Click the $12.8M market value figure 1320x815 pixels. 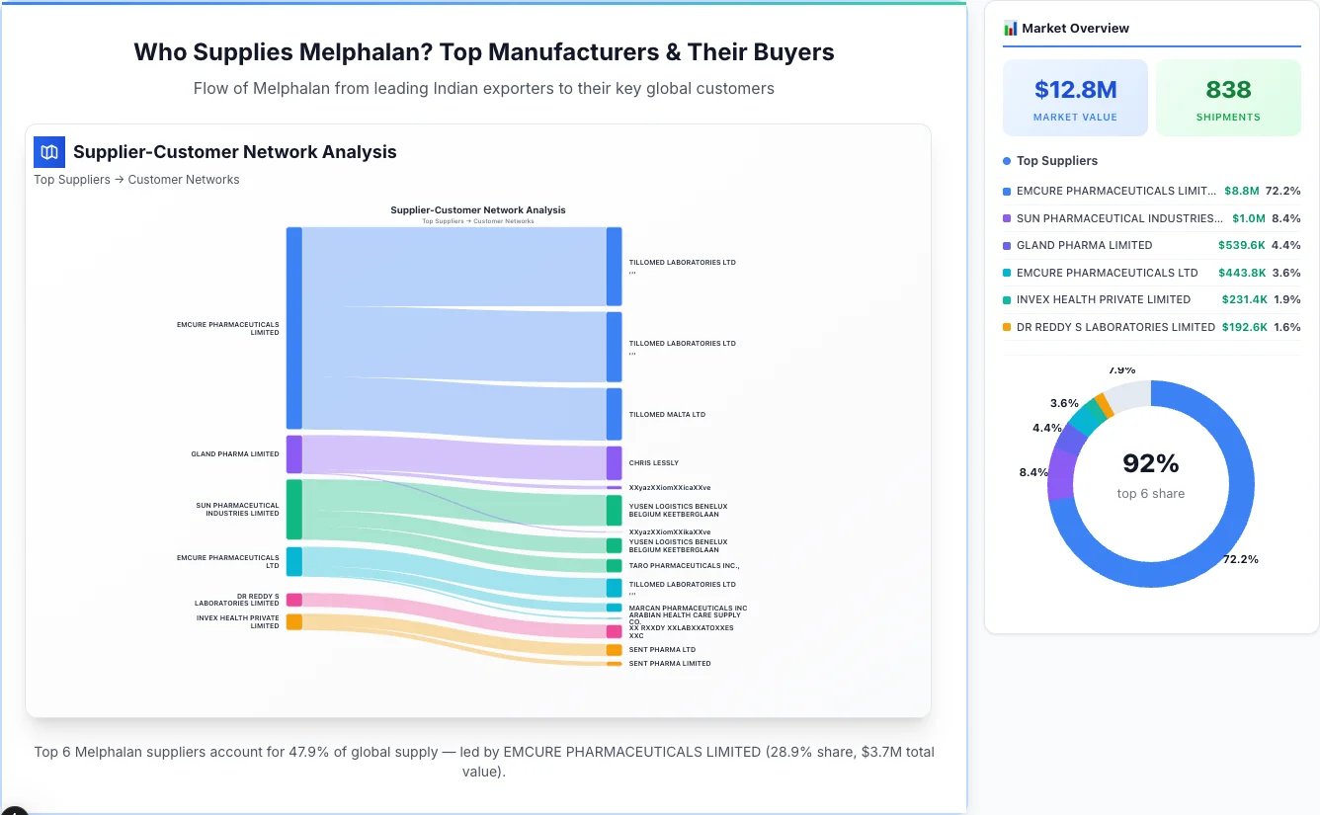click(x=1075, y=90)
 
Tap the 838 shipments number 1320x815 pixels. click(x=1228, y=90)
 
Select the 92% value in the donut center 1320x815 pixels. click(x=1151, y=463)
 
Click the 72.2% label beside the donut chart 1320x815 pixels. click(x=1240, y=559)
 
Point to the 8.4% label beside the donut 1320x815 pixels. click(x=1033, y=472)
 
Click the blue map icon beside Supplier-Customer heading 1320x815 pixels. click(x=49, y=152)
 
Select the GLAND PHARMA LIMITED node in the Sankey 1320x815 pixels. click(x=293, y=454)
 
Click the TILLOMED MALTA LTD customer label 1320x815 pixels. click(x=667, y=415)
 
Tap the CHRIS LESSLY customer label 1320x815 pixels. click(x=653, y=462)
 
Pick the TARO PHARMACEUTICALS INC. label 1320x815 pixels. click(x=684, y=566)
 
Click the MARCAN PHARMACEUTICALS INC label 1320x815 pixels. click(x=688, y=609)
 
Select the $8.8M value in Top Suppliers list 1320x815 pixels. click(x=1241, y=191)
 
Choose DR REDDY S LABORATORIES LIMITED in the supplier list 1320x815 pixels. click(x=1114, y=327)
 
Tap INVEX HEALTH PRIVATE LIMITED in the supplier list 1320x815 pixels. click(x=1103, y=299)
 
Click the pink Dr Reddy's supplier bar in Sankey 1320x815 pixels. click(x=293, y=600)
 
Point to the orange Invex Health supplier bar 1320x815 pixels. click(x=293, y=621)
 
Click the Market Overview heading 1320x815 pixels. click(x=1075, y=29)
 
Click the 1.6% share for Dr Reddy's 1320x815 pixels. click(x=1286, y=327)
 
